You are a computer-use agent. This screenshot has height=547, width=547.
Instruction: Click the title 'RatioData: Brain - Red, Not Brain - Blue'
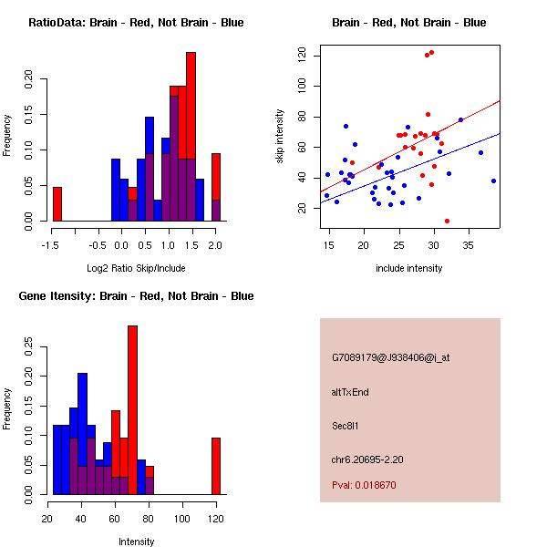coord(136,23)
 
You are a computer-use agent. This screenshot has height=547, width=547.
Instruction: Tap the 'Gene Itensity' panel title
coord(136,296)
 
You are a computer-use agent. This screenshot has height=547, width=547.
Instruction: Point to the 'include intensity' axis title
coord(408,268)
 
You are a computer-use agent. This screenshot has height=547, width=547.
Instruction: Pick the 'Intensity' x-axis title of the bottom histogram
coord(137,542)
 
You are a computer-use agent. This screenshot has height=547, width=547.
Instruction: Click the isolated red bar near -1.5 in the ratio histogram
coord(57,203)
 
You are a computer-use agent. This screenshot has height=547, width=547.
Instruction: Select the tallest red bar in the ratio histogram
coord(191,137)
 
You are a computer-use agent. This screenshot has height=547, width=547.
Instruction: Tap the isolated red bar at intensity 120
coord(216,466)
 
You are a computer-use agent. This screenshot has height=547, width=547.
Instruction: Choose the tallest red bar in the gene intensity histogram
coord(132,410)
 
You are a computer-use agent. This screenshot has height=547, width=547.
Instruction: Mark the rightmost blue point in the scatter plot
coord(493,181)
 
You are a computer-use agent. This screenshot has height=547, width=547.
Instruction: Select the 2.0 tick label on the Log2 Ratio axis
coord(215,244)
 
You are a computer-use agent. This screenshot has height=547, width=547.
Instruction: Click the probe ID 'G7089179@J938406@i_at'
coord(390,357)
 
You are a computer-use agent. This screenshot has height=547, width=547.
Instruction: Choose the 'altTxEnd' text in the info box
coord(350,392)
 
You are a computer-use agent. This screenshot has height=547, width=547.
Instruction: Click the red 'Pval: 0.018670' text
coord(364,485)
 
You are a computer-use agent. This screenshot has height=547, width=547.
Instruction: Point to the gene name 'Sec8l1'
coord(346,425)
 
